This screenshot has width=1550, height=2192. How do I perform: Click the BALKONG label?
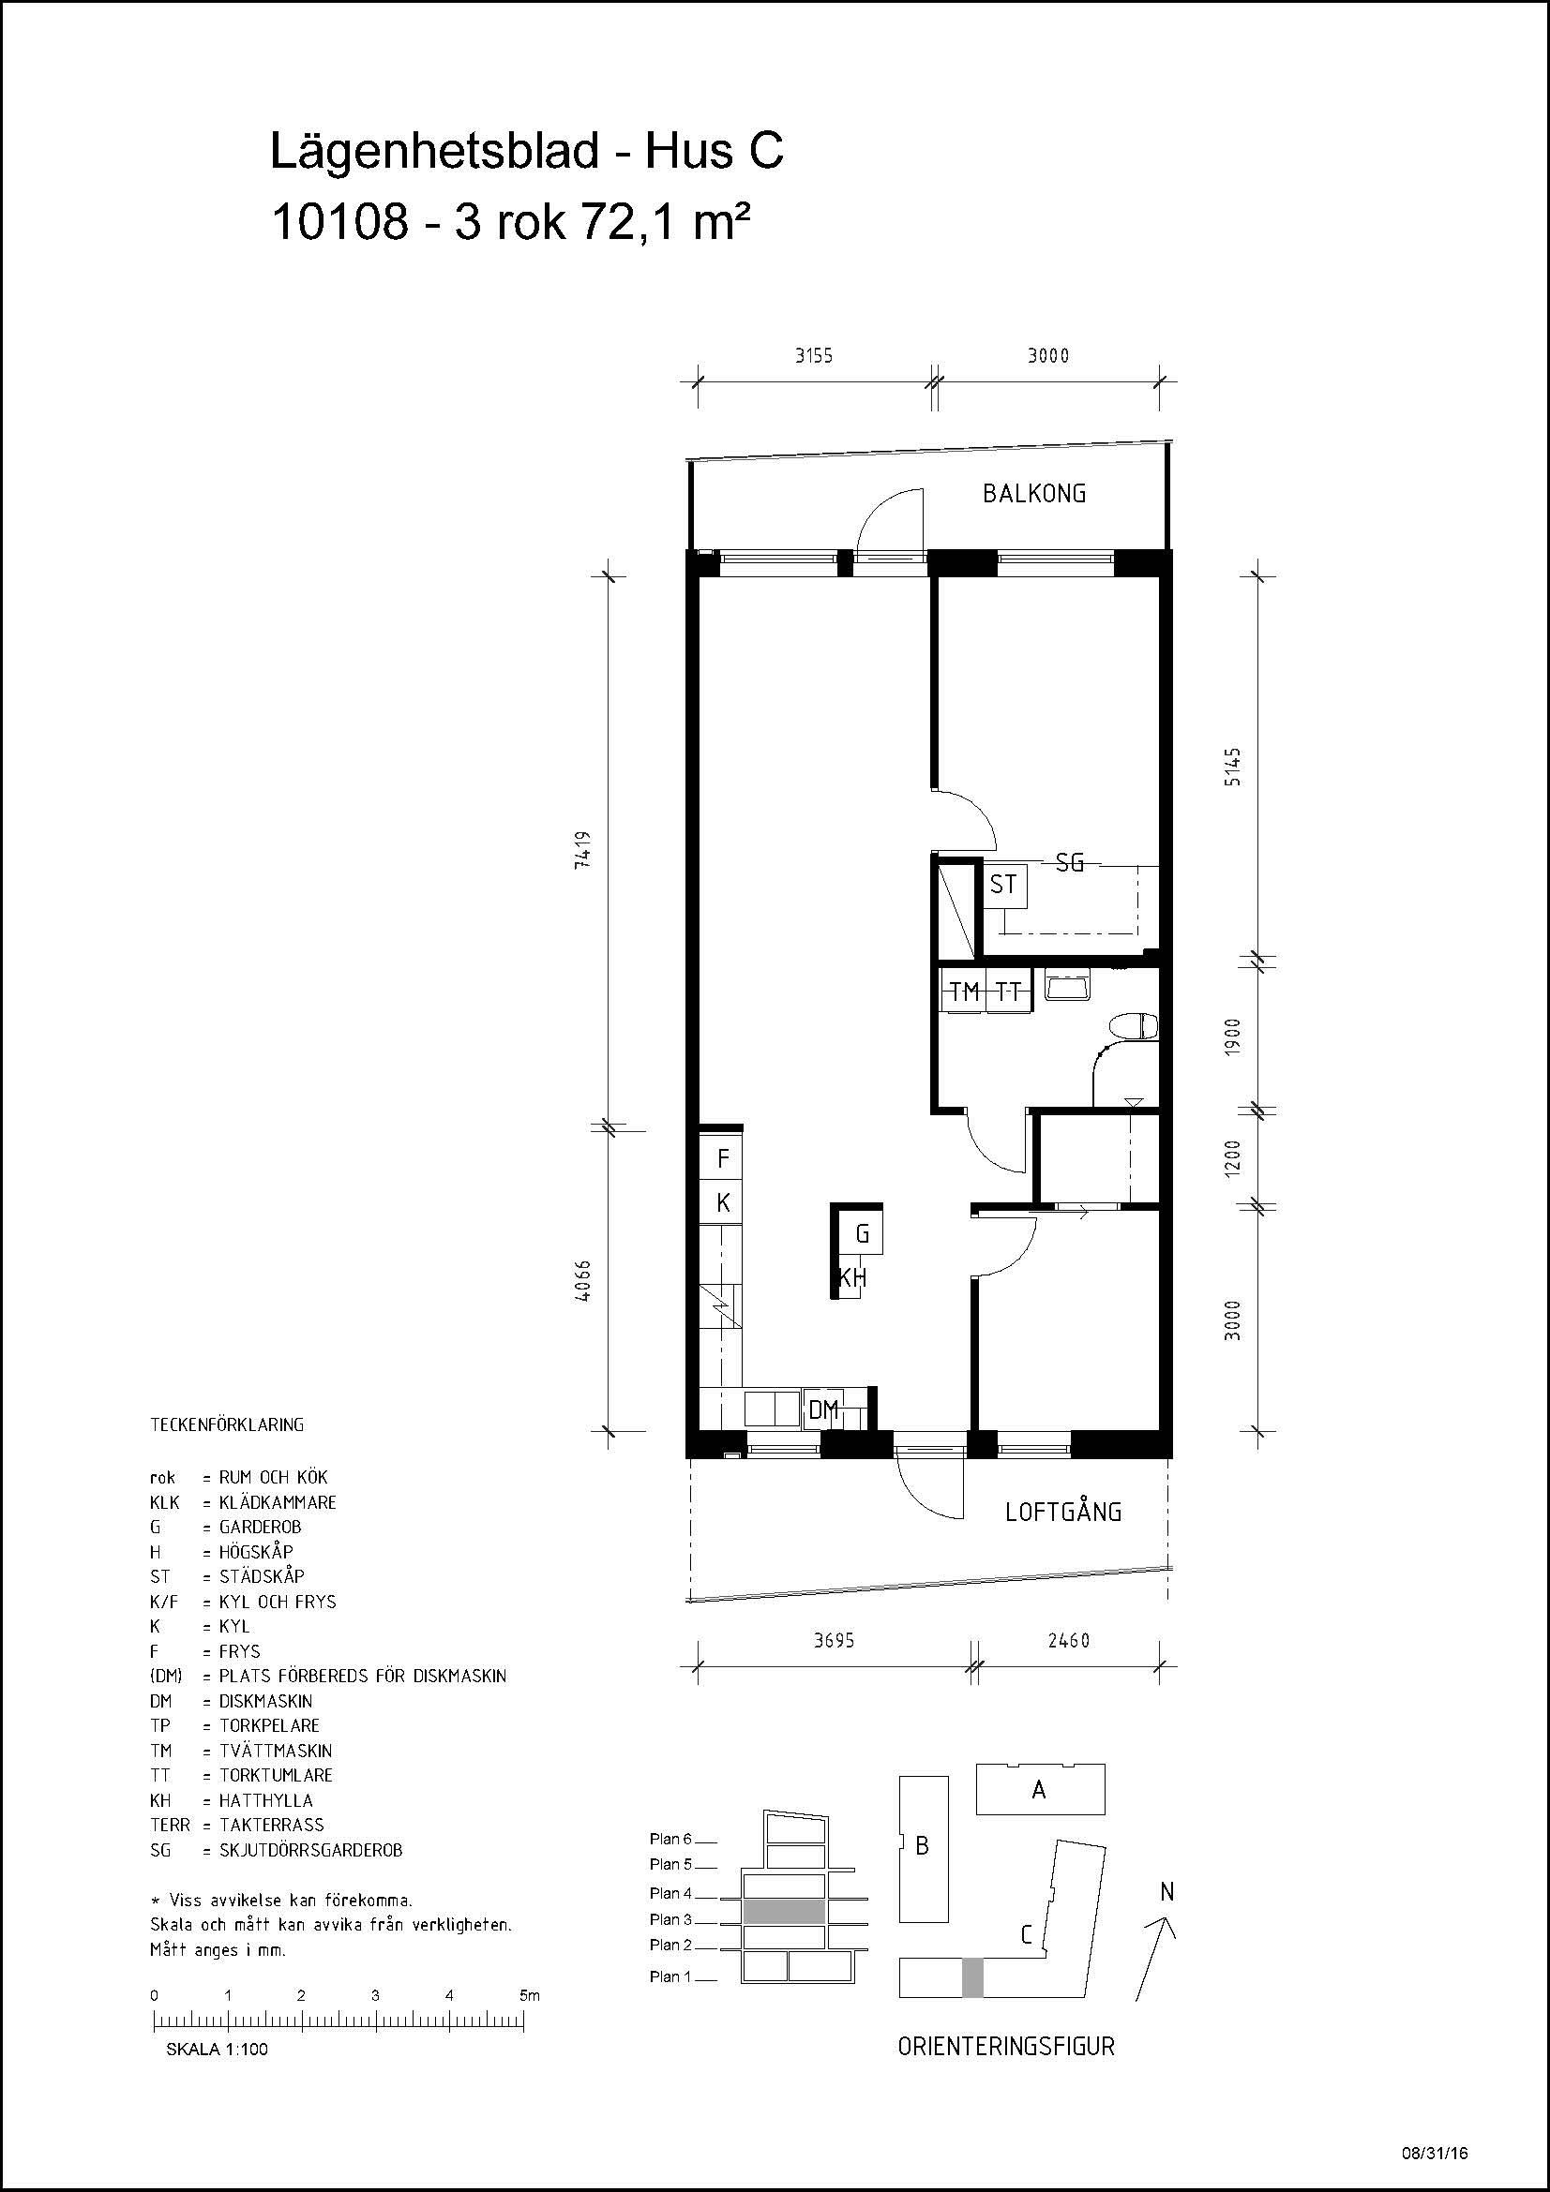[1034, 494]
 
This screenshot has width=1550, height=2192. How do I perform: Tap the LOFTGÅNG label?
[1064, 1512]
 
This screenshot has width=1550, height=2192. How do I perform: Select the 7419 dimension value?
[585, 849]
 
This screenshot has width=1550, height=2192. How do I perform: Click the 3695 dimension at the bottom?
[834, 1640]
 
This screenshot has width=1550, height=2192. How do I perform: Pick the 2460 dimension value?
[1069, 1640]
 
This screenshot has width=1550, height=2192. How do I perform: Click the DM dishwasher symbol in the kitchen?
[822, 1409]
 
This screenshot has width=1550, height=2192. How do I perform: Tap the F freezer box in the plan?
[723, 1158]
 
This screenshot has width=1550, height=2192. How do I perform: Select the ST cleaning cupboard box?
[1002, 884]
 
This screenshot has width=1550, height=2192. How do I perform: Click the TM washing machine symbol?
[965, 991]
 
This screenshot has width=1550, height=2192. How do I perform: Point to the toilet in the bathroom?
[1135, 1027]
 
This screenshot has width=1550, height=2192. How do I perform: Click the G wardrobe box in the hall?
[862, 1233]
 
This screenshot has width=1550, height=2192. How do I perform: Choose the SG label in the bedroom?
[1070, 862]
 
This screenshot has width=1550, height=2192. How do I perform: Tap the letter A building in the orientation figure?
[1040, 1789]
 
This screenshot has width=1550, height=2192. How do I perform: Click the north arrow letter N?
[1166, 1891]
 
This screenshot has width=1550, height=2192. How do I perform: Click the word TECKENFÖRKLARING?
[227, 1424]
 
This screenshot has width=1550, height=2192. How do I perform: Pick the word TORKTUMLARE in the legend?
[276, 1775]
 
